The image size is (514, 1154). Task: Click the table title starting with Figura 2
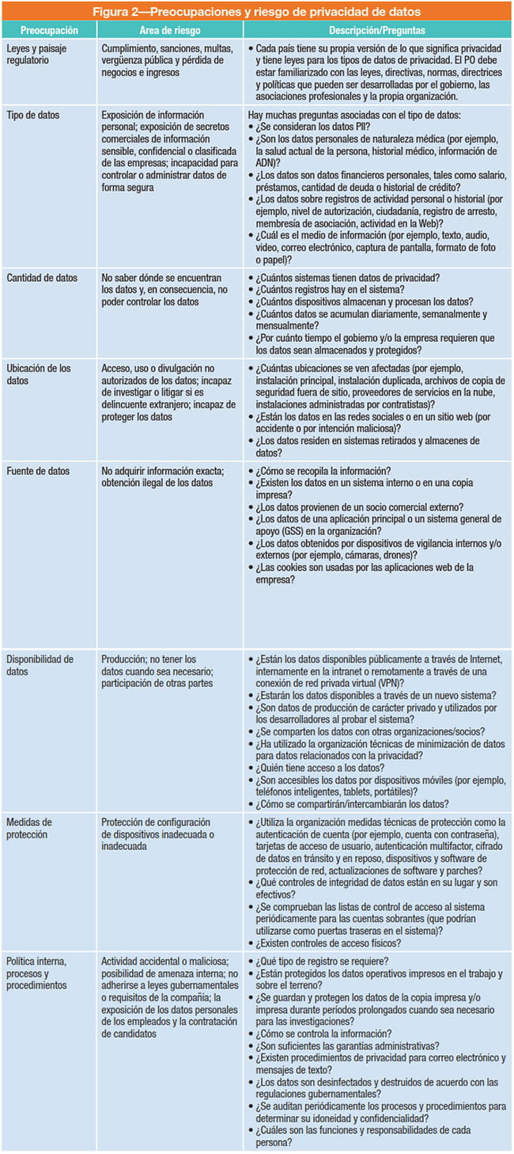coord(257,11)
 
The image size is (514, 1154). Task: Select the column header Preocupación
coord(49,29)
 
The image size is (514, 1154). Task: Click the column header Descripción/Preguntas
coord(376,29)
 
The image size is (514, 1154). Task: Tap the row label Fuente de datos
coord(37,471)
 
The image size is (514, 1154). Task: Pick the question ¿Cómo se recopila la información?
coord(325,471)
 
